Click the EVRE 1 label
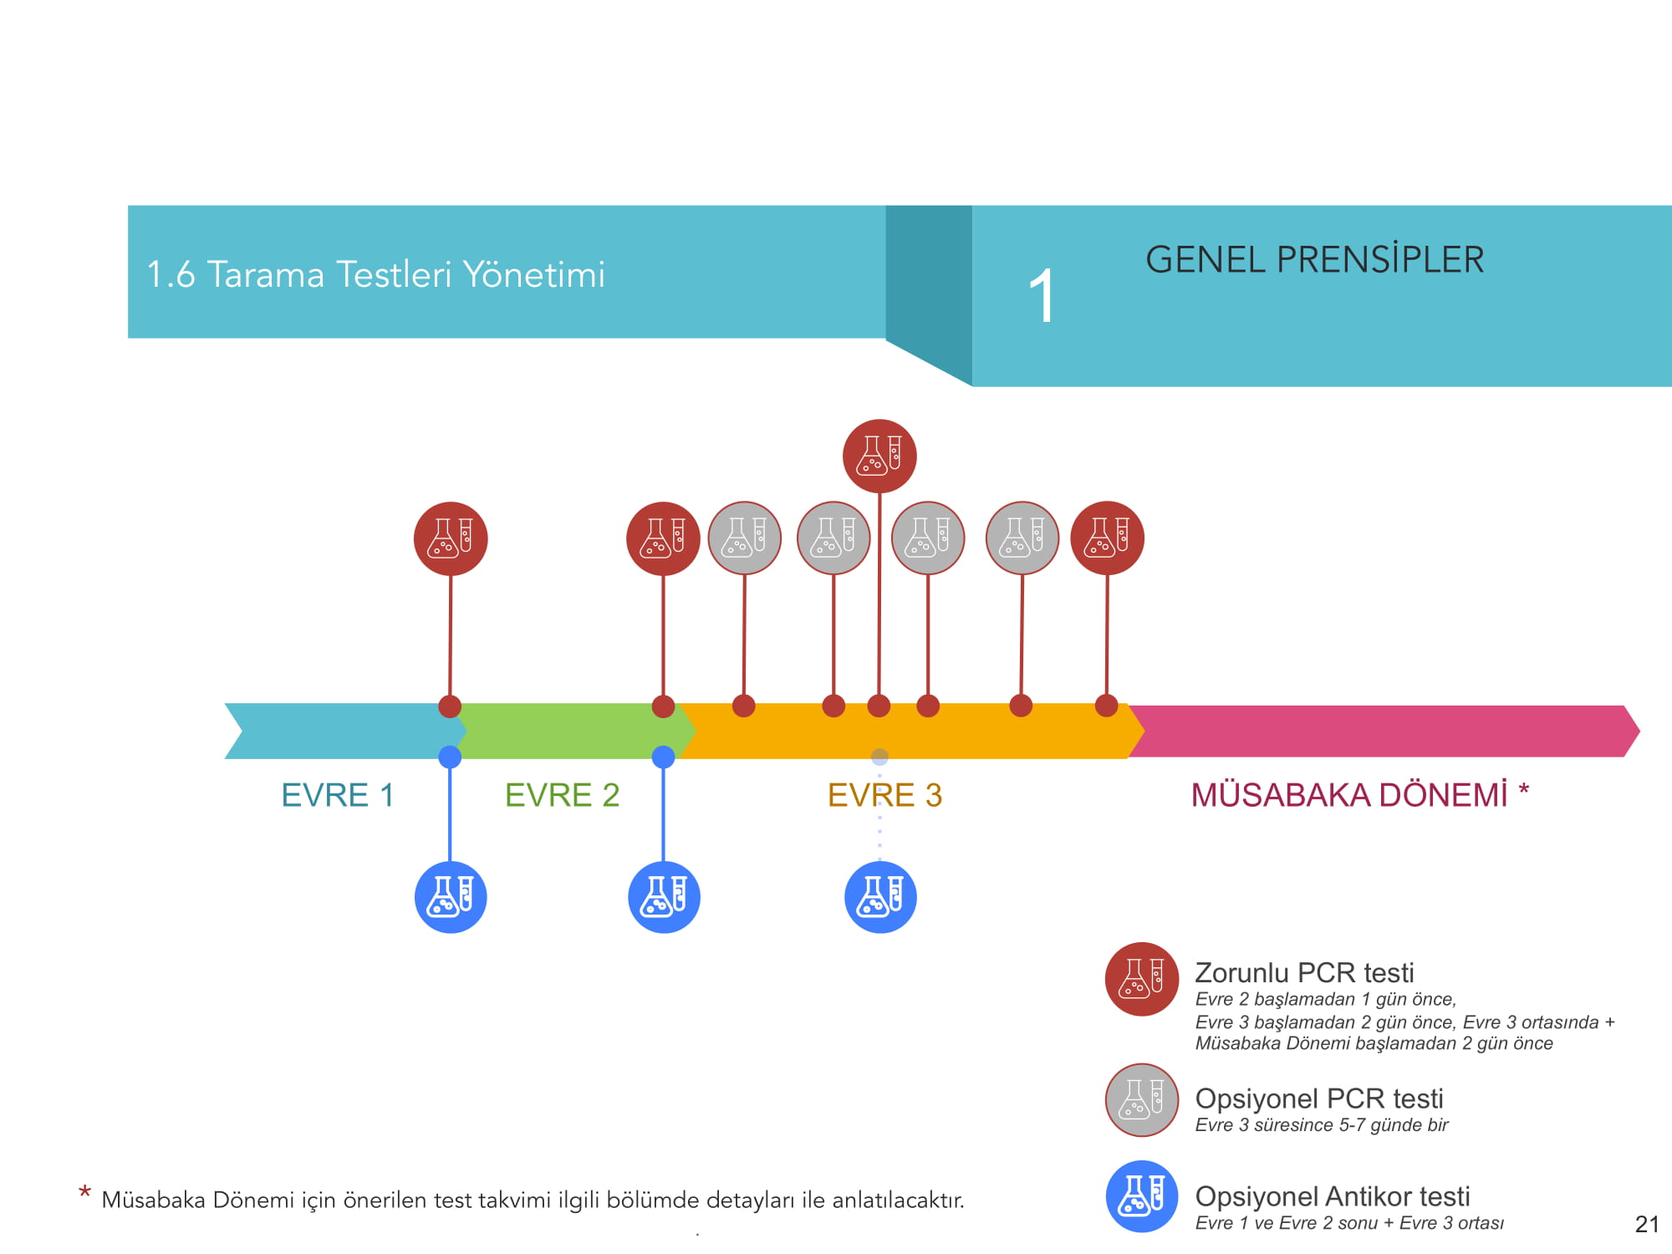click(x=337, y=795)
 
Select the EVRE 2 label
click(x=562, y=795)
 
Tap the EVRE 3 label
click(x=884, y=795)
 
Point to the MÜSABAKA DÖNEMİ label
click(x=1348, y=795)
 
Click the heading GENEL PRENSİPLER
click(x=1314, y=260)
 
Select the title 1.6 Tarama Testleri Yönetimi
click(x=375, y=274)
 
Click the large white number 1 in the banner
click(x=1042, y=296)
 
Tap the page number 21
click(x=1646, y=1225)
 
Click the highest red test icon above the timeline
click(x=879, y=456)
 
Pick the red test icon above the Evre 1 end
click(x=451, y=538)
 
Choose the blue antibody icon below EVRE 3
click(x=880, y=897)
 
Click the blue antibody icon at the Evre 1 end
click(x=451, y=897)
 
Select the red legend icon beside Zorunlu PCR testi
click(x=1142, y=979)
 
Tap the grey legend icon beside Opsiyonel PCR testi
click(x=1142, y=1100)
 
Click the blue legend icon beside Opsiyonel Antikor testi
click(x=1142, y=1196)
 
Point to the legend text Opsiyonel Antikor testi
click(x=1333, y=1196)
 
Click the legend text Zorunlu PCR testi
click(x=1304, y=973)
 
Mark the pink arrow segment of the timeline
click(x=1379, y=731)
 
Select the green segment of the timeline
click(x=568, y=731)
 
